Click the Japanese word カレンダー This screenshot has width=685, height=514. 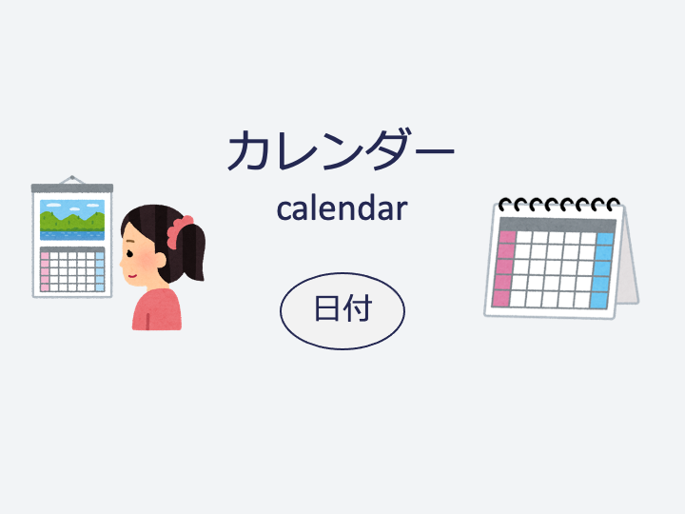342,150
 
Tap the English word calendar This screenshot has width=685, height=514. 342,208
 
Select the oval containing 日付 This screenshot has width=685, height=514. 342,310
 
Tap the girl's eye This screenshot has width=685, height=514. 129,253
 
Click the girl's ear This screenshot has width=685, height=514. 161,260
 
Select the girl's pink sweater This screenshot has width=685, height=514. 156,309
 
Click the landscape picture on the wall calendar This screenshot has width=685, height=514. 72,220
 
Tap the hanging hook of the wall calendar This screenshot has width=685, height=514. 72,180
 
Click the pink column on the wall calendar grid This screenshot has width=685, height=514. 45,271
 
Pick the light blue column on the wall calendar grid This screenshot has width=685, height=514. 100,271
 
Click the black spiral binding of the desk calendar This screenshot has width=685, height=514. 559,204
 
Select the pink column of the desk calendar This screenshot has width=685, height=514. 503,268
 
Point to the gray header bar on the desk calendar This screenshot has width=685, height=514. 558,225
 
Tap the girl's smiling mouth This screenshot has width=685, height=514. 132,276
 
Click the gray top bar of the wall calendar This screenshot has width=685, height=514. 72,188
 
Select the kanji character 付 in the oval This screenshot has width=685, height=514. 358,308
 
